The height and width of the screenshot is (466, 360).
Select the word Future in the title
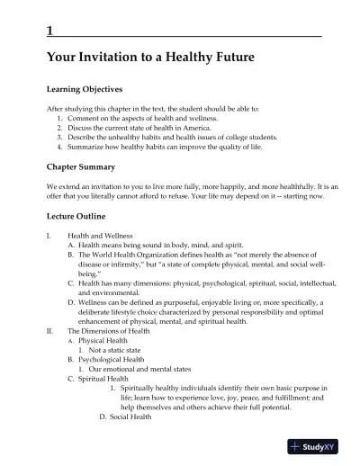(x=234, y=58)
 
